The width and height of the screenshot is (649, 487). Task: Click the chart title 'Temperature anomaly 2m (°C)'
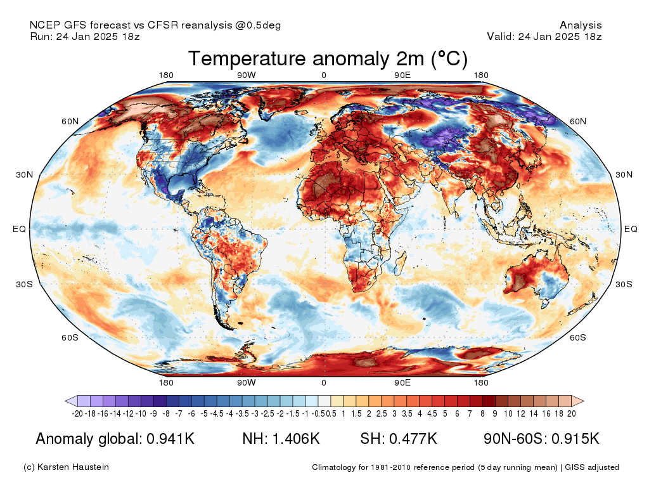tap(328, 59)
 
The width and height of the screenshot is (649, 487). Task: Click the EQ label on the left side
tap(19, 229)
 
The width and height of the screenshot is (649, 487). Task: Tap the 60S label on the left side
tap(70, 337)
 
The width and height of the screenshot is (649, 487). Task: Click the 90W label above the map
tap(247, 75)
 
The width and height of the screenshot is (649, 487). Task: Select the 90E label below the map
tap(402, 383)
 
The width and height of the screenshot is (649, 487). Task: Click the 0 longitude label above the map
tap(324, 75)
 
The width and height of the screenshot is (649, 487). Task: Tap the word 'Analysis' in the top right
tap(581, 25)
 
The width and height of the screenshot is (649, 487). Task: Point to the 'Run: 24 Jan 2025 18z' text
tap(85, 37)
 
